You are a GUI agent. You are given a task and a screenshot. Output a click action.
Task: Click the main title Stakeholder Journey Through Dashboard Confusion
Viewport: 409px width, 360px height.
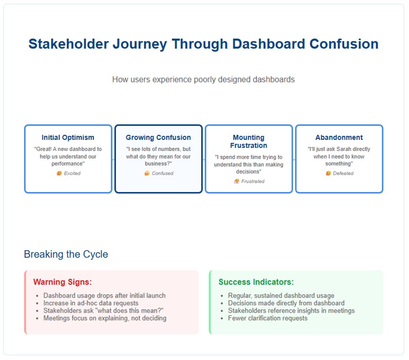[203, 44]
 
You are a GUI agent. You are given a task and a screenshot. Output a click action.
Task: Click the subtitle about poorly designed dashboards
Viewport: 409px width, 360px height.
[203, 80]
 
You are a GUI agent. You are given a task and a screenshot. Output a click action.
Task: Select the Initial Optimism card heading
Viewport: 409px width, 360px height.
[68, 137]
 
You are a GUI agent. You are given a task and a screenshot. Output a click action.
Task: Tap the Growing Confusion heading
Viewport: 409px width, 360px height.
[158, 137]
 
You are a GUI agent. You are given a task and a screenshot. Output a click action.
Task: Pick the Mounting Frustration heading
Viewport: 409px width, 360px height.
[249, 141]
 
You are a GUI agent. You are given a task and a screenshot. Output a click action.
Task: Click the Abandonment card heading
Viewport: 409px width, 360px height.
[339, 137]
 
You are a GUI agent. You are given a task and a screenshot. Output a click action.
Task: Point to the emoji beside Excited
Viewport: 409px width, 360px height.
[59, 173]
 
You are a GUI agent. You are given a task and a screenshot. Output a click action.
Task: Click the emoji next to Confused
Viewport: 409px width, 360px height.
[147, 173]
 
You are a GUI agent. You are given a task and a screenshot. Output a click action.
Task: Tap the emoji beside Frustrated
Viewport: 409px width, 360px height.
[237, 181]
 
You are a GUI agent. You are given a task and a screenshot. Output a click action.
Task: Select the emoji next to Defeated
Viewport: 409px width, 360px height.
[328, 173]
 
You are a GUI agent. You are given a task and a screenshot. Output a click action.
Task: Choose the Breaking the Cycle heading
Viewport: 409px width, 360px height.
[66, 254]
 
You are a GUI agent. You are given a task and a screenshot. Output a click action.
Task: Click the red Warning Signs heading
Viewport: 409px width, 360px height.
[63, 282]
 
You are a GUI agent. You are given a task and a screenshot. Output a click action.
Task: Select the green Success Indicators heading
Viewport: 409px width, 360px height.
[256, 282]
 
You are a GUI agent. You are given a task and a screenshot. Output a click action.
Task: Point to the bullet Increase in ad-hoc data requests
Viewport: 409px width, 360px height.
[91, 303]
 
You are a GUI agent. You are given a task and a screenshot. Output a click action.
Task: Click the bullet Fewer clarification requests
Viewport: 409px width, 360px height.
[268, 318]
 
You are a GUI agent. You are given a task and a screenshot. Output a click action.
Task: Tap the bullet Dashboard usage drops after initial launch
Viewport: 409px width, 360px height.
[104, 295]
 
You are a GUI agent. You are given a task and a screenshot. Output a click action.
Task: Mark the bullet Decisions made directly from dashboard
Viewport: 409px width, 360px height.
[286, 303]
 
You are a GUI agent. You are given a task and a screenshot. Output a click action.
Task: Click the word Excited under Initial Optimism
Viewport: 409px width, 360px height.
[72, 174]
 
